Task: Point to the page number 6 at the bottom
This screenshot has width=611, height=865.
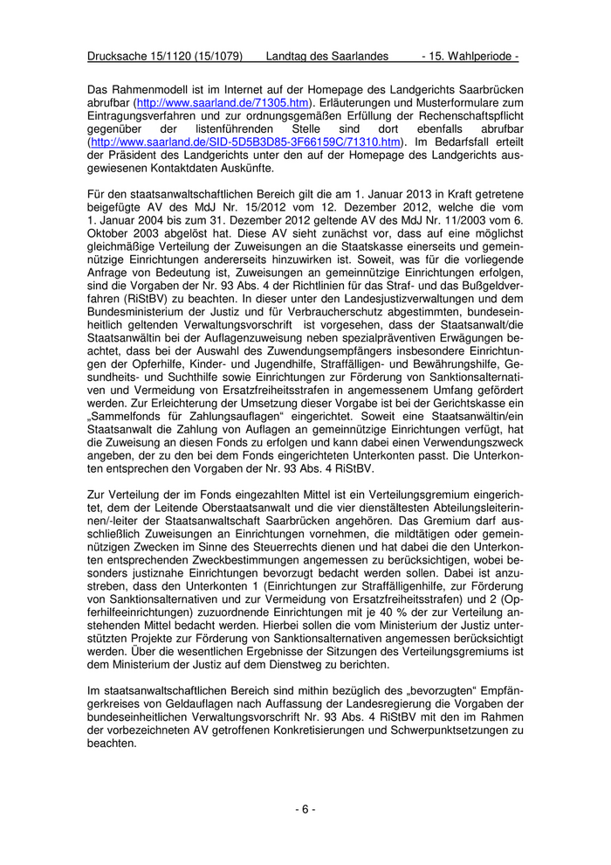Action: click(x=305, y=809)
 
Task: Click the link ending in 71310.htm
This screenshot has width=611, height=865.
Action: click(x=246, y=142)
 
